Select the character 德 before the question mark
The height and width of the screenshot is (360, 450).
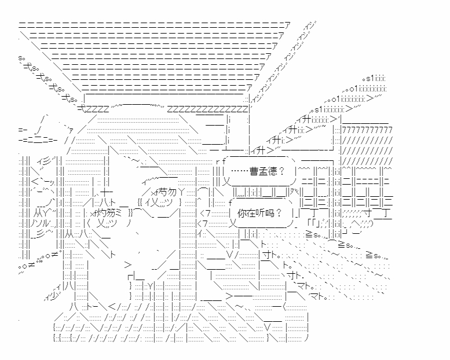pyautogui.click(x=274, y=171)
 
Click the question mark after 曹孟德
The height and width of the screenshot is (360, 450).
pyautogui.click(x=282, y=171)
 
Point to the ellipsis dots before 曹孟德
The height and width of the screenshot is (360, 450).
pyautogui.click(x=240, y=171)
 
